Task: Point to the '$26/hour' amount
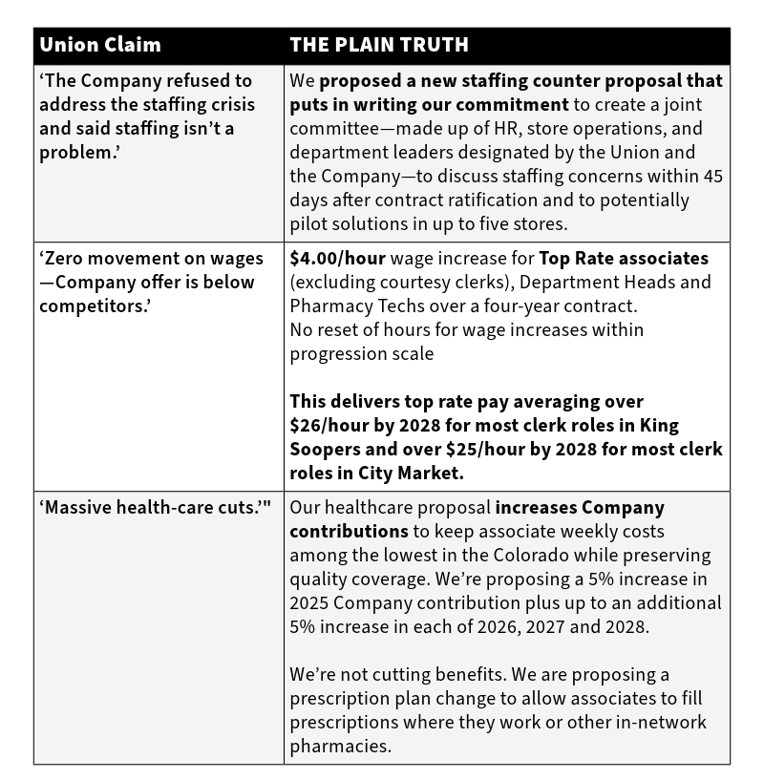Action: pyautogui.click(x=330, y=425)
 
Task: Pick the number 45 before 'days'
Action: pyautogui.click(x=712, y=177)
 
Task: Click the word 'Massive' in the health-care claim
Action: pyautogui.click(x=79, y=507)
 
